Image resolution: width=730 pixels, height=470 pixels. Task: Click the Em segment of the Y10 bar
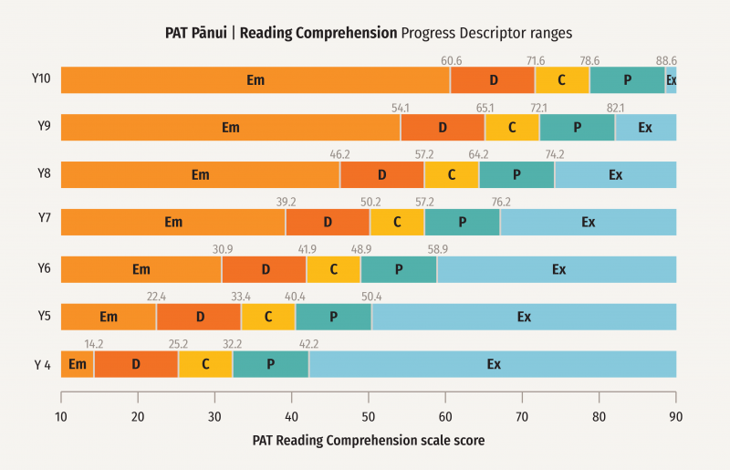[255, 80]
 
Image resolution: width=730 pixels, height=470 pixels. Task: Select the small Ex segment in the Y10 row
[671, 80]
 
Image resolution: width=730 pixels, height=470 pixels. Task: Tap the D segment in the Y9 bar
[443, 128]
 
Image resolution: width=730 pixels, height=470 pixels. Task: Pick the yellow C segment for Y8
[452, 175]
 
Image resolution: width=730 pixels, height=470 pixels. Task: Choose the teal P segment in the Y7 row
[463, 222]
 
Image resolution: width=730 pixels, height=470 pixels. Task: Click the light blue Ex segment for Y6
[558, 269]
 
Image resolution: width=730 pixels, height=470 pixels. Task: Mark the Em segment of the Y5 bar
[109, 317]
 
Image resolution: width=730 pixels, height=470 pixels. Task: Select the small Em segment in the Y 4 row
[78, 364]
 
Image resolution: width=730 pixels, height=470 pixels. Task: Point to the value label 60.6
[451, 60]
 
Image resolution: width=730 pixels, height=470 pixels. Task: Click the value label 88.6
[666, 60]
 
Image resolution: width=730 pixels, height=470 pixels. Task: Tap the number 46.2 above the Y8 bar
[339, 155]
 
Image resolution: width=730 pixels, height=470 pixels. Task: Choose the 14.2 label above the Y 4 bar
[94, 344]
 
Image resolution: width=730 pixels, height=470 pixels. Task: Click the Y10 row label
[41, 78]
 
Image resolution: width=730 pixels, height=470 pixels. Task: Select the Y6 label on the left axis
[44, 268]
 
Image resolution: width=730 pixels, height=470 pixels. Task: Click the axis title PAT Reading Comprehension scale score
[368, 440]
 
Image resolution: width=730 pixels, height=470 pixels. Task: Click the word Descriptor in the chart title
[492, 33]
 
